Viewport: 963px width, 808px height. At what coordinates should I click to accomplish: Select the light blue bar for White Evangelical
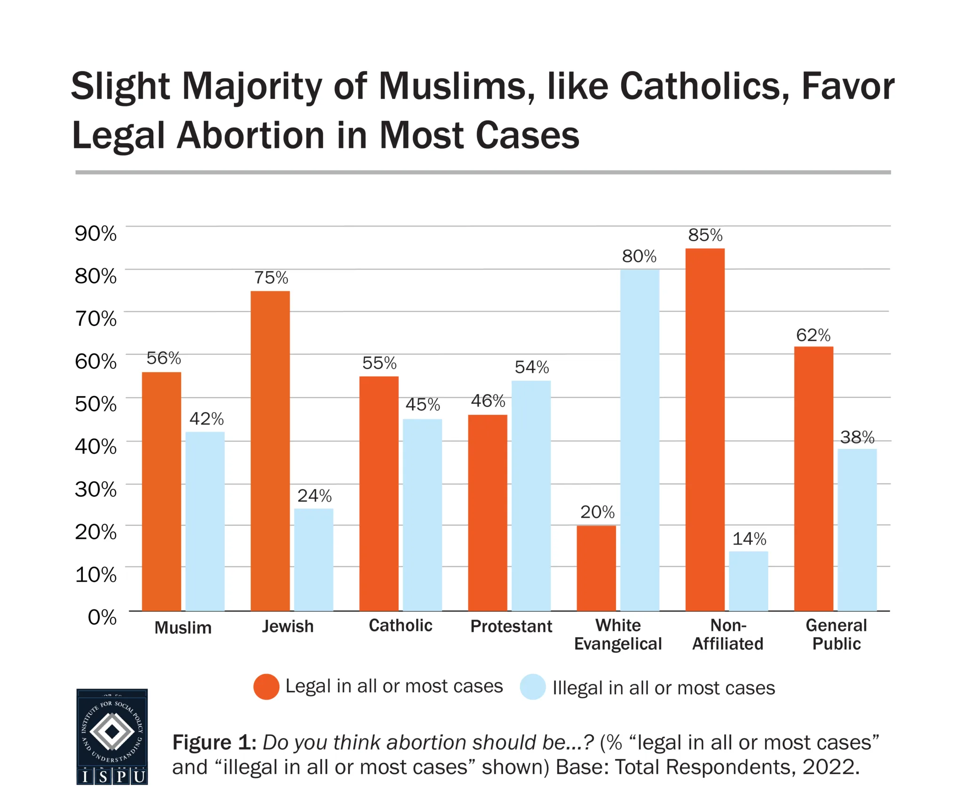click(639, 440)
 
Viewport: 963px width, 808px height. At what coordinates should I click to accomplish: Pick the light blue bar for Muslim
click(205, 521)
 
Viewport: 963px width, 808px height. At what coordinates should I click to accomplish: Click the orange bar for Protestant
click(488, 513)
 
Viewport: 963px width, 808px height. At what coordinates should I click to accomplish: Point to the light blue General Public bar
click(857, 530)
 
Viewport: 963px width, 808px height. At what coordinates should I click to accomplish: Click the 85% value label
click(705, 235)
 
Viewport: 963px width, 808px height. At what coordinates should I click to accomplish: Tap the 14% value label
click(749, 539)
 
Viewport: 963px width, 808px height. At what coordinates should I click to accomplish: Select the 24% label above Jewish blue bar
click(314, 496)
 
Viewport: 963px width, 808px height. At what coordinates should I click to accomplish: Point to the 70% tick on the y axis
click(96, 319)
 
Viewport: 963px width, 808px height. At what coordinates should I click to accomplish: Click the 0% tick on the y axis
click(102, 617)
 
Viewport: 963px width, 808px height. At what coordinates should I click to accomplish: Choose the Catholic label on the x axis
click(400, 625)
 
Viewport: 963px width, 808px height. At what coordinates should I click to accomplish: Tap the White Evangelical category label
click(617, 634)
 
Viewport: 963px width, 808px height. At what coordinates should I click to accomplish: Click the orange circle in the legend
click(266, 687)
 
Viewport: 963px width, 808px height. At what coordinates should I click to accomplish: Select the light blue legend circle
click(533, 687)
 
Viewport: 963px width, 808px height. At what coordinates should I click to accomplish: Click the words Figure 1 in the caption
click(213, 742)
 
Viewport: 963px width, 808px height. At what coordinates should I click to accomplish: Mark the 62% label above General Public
click(813, 335)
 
